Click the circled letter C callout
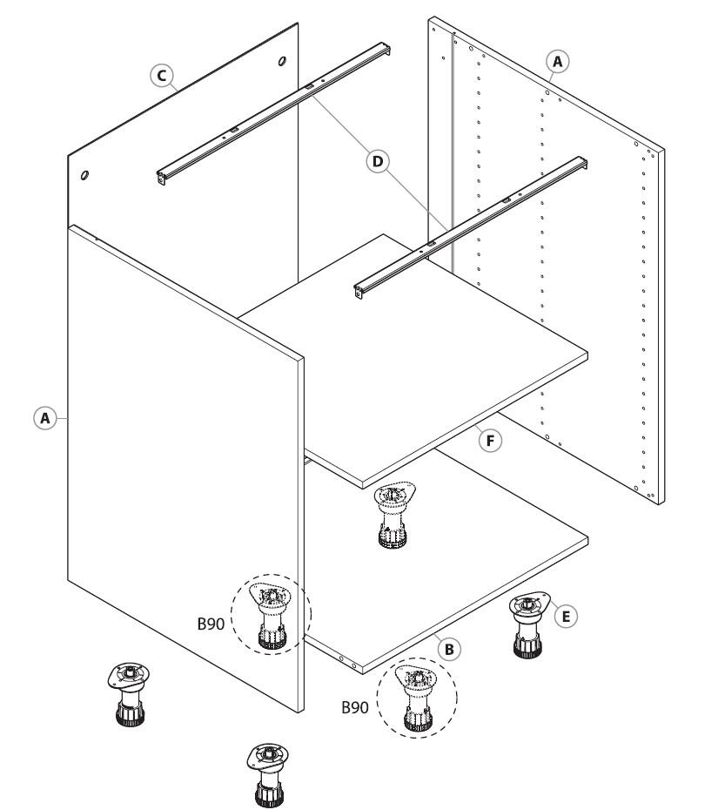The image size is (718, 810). coord(159,76)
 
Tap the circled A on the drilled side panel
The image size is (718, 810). coord(558,60)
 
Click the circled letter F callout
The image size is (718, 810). coord(491,442)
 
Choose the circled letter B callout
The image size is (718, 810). coord(449,649)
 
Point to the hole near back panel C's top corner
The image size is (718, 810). coord(282,62)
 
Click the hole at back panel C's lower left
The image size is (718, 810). coord(84,175)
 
